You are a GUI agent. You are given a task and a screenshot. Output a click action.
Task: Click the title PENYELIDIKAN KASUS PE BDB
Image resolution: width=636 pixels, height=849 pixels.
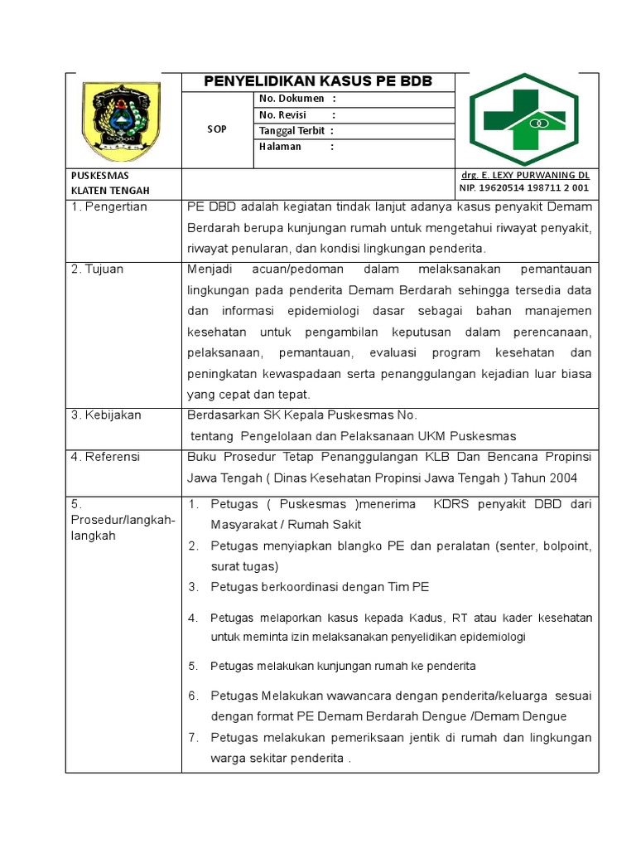coord(318,81)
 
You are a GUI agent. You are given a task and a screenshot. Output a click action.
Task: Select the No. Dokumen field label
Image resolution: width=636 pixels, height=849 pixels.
coord(292,99)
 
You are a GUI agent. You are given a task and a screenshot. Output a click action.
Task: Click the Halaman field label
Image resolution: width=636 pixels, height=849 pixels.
coord(280,147)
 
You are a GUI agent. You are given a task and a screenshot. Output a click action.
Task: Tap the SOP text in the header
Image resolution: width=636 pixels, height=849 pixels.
coord(217,129)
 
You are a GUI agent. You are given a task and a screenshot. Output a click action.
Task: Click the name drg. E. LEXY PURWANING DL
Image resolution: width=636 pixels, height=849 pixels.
coord(525,176)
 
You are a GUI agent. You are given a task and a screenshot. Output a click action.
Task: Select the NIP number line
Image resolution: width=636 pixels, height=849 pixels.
coord(524,188)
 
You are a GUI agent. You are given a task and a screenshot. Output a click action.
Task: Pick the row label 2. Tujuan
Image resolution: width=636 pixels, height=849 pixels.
coord(97,269)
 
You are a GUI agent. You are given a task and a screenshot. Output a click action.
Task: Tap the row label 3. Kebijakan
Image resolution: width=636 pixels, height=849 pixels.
coord(106,415)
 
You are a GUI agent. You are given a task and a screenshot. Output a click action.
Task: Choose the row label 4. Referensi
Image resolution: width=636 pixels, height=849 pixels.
coord(105,457)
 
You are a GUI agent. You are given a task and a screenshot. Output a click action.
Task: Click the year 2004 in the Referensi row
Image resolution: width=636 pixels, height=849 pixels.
coord(560,478)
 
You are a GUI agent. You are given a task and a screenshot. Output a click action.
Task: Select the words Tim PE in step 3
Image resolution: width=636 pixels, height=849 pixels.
coord(408,587)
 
